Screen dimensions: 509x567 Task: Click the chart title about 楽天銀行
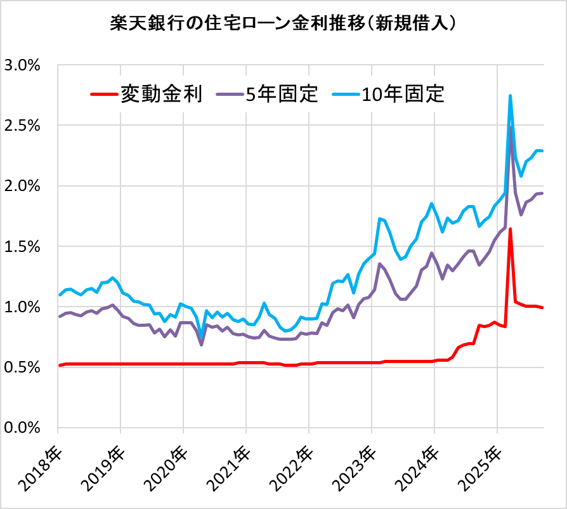click(x=283, y=23)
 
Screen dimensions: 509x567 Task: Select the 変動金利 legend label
click(x=161, y=95)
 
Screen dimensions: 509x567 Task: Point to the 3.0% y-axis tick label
click(x=22, y=65)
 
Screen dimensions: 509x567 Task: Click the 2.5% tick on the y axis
click(x=22, y=126)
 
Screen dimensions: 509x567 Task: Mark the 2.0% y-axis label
click(x=22, y=186)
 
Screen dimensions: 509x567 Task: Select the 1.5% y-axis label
click(x=22, y=246)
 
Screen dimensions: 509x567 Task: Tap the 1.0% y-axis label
click(x=22, y=307)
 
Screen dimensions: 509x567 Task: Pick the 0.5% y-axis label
click(x=22, y=367)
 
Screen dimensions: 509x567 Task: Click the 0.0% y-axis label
click(x=22, y=428)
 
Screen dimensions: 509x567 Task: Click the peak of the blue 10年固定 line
click(x=511, y=96)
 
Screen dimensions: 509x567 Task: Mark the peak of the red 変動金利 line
click(x=511, y=229)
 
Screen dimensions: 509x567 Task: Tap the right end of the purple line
click(x=542, y=194)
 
